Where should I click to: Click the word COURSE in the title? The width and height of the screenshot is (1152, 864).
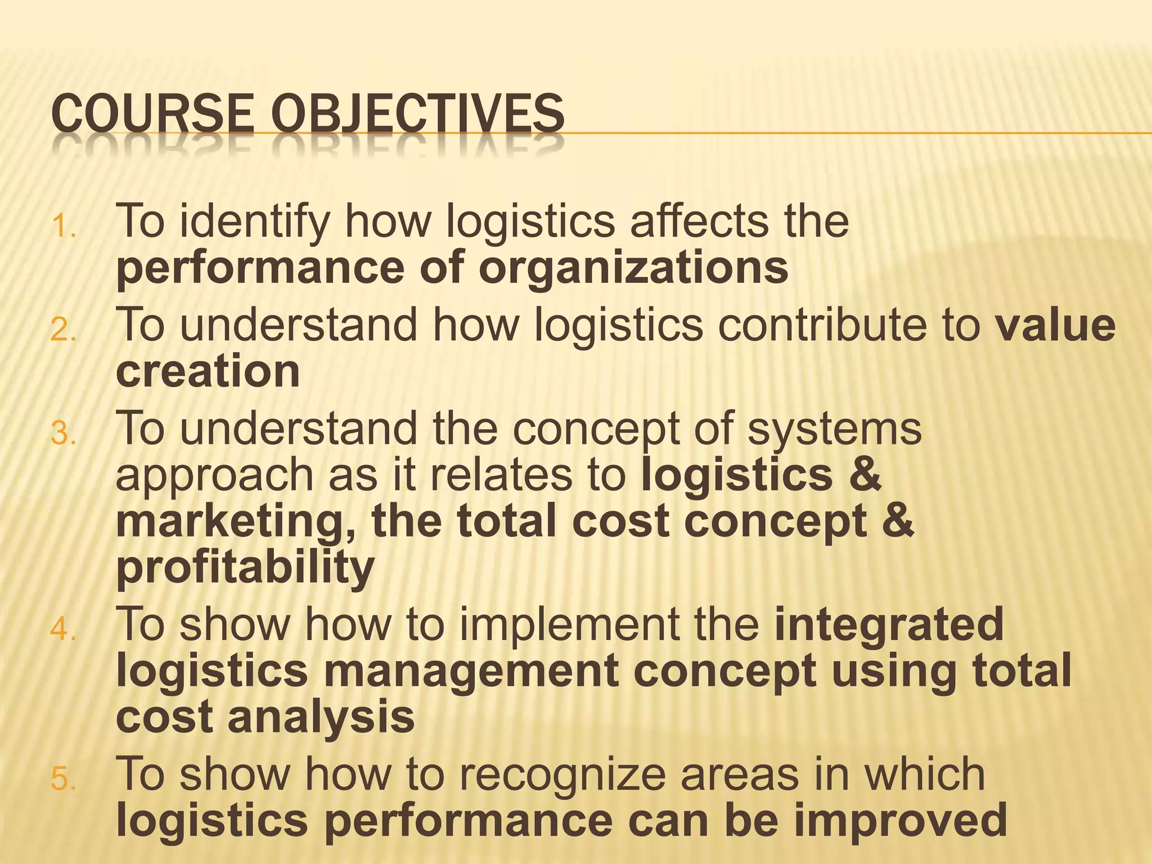(x=152, y=114)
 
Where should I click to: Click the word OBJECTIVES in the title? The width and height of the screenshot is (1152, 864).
(x=417, y=114)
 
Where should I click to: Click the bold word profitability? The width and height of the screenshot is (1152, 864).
(x=245, y=568)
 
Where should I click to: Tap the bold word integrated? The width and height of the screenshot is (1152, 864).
(x=889, y=624)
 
